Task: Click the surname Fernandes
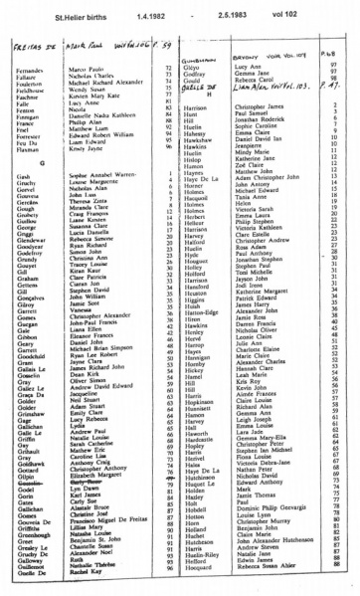click(x=32, y=68)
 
